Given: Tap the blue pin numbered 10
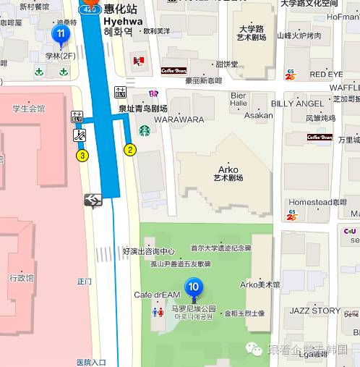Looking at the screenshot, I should pyautogui.click(x=193, y=287).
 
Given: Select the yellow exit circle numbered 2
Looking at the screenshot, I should pyautogui.click(x=130, y=150).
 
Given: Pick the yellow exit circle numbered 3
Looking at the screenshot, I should pyautogui.click(x=82, y=155).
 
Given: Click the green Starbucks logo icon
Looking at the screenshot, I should pyautogui.click(x=145, y=131).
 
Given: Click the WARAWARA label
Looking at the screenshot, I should pyautogui.click(x=179, y=119).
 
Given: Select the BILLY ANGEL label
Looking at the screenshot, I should pyautogui.click(x=293, y=104).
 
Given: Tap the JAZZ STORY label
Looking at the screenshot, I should pyautogui.click(x=314, y=311).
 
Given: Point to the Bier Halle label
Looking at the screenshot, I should pyautogui.click(x=238, y=99).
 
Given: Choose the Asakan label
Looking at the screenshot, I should pyautogui.click(x=258, y=115).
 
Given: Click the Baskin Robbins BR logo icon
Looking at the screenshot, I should pyautogui.click(x=153, y=93).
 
